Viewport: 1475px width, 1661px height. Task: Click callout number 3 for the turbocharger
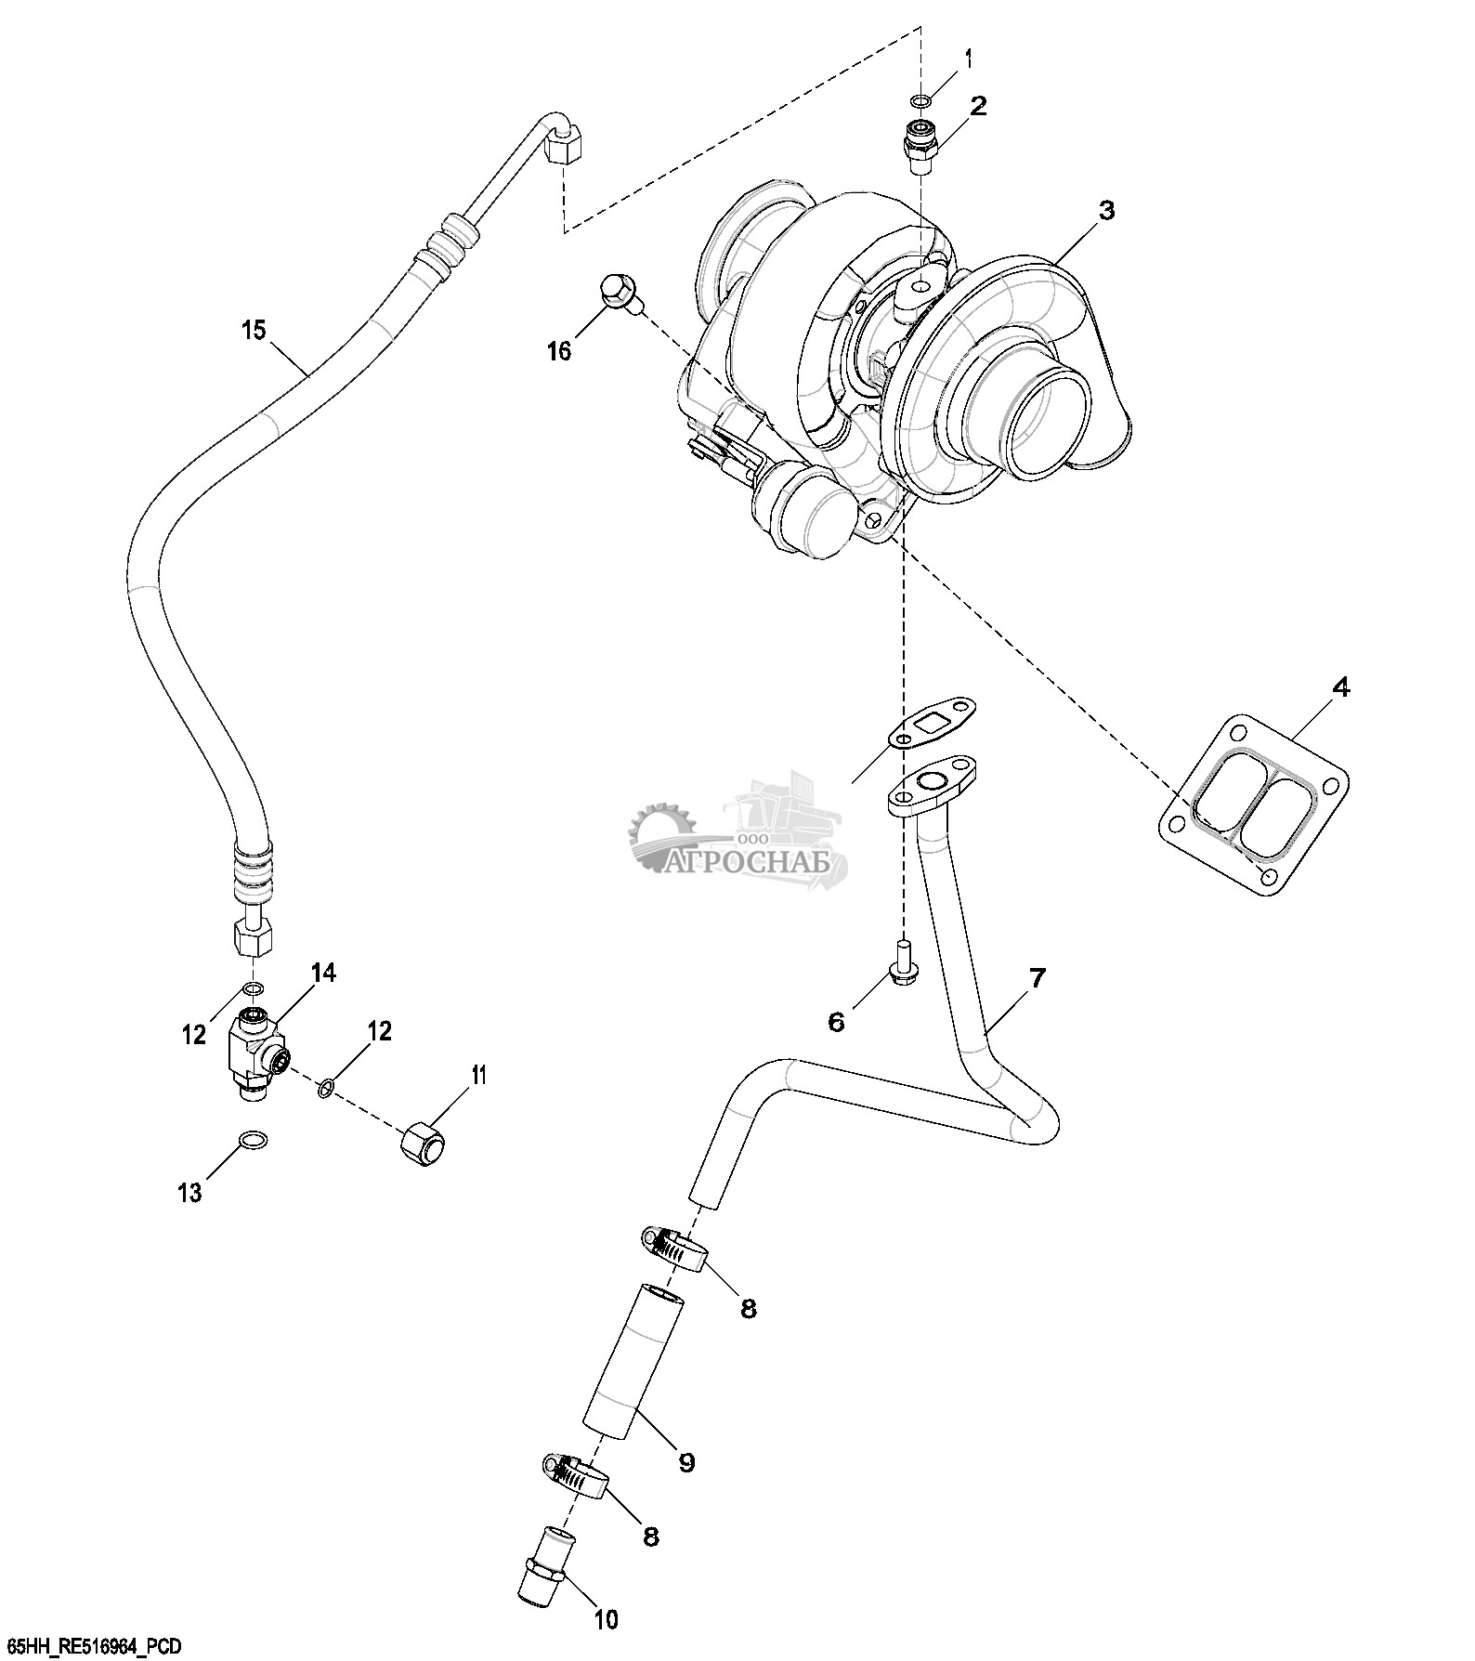1105,212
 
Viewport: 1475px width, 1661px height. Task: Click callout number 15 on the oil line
254,330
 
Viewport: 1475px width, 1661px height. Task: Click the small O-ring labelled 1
920,101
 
